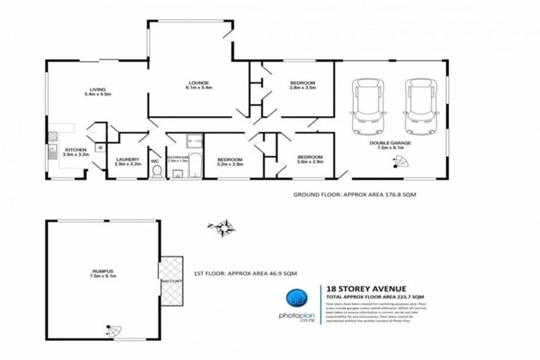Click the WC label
(155, 160)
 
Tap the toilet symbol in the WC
(157, 171)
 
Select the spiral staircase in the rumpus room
(111, 331)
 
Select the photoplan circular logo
(300, 300)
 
